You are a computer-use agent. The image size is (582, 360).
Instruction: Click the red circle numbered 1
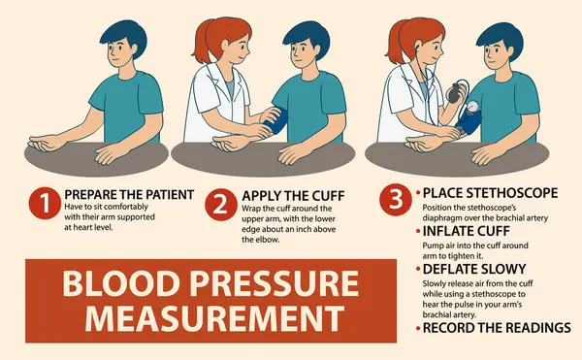coord(45,203)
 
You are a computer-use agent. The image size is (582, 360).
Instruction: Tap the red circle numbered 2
coord(221,205)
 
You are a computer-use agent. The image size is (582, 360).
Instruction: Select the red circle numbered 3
coord(396,199)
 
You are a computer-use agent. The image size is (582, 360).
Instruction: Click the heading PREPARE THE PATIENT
coord(129,194)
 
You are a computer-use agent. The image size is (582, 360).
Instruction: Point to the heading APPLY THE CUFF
coord(293,196)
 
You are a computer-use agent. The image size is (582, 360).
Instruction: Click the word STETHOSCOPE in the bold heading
coord(512,193)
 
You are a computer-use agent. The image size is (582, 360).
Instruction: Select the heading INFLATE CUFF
coord(467,231)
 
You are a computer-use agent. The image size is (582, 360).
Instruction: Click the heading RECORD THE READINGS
coord(497,328)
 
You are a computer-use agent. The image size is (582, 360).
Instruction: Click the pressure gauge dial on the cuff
coord(472,107)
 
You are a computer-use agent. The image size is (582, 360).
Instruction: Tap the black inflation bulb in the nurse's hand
coord(456,93)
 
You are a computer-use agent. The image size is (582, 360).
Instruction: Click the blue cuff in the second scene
coord(276,120)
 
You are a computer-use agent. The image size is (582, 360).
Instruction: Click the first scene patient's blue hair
coord(124,35)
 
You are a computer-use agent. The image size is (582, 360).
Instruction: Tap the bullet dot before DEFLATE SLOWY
coord(418,269)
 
